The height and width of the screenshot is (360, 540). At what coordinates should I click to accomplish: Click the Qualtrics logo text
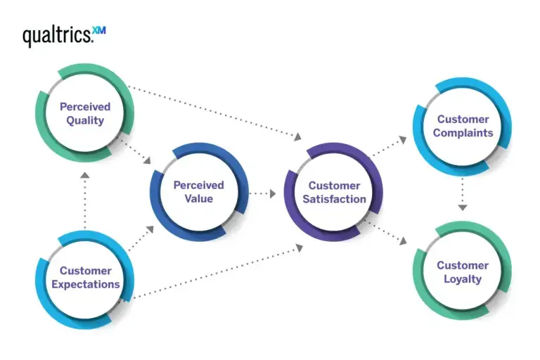[57, 35]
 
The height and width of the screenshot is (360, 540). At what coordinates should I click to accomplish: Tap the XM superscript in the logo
[99, 30]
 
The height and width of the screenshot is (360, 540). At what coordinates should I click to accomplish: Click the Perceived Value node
[198, 192]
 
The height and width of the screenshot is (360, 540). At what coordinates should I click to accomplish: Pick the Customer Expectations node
[85, 278]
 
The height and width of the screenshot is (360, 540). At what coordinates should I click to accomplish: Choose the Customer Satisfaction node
[334, 193]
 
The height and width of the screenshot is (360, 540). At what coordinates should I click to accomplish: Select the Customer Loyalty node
[462, 272]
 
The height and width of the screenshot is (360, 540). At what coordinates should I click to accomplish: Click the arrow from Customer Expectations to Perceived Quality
[84, 200]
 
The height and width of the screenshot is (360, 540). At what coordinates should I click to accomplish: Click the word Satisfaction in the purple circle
[334, 199]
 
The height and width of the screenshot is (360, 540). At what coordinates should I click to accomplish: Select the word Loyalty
[462, 279]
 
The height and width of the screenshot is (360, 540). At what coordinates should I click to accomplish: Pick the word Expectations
[85, 285]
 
